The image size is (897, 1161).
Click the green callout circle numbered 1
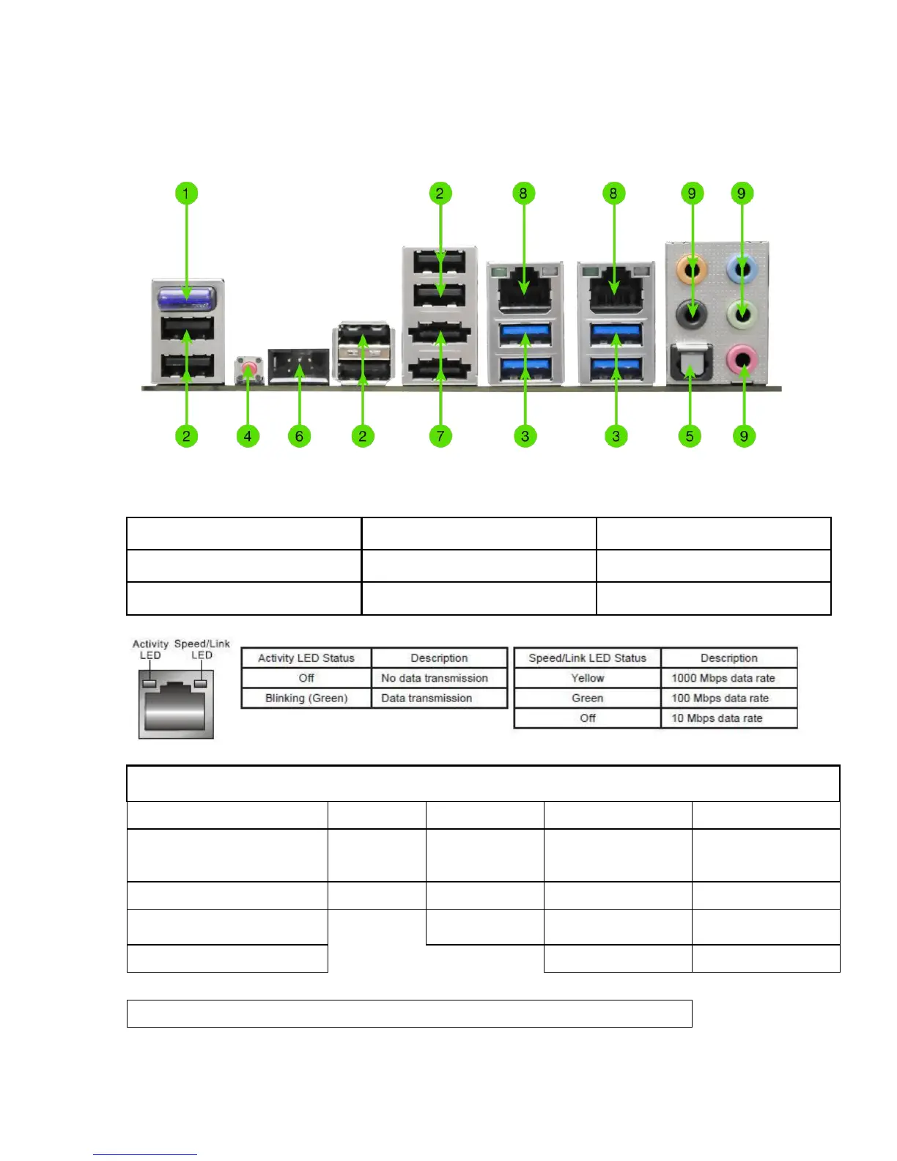(x=186, y=193)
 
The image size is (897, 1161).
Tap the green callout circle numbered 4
(x=248, y=436)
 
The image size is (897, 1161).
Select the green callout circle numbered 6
(x=299, y=436)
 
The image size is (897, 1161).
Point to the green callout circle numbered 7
(x=440, y=436)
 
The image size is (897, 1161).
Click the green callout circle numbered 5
(x=690, y=436)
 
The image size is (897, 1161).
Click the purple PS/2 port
(x=187, y=297)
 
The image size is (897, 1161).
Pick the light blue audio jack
(x=742, y=270)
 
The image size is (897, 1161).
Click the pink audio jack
(x=742, y=359)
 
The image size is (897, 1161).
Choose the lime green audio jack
(x=742, y=315)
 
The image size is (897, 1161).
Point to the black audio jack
(x=692, y=316)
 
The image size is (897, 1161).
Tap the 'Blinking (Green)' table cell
(x=306, y=698)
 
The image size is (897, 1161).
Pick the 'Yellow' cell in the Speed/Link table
(x=587, y=678)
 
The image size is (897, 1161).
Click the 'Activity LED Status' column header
(x=306, y=658)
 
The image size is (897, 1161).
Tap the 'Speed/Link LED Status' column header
(x=587, y=658)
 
